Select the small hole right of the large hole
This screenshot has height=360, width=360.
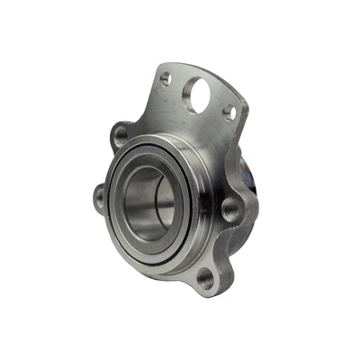[x=229, y=112]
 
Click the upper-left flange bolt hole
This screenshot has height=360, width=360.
[x=121, y=137]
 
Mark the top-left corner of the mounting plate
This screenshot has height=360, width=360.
[x=157, y=66]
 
